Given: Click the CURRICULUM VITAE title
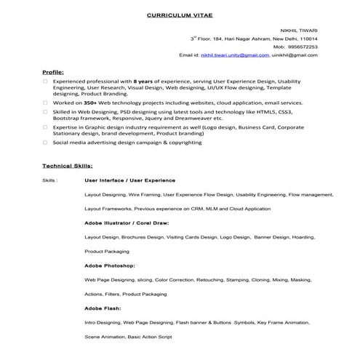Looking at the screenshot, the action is [180, 15].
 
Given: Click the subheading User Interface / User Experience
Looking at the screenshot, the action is [129, 180].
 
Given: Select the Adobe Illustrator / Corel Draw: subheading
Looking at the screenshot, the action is [126, 223].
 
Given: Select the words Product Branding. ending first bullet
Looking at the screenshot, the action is [105, 94].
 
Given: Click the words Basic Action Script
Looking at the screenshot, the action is [149, 337].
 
